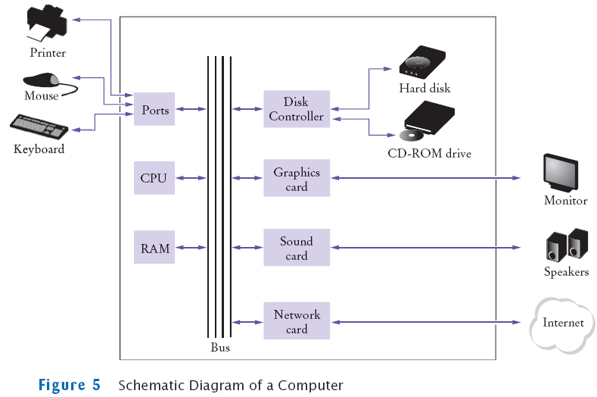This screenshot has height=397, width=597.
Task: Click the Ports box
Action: pyautogui.click(x=155, y=110)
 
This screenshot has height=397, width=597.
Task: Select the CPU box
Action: pyautogui.click(x=153, y=179)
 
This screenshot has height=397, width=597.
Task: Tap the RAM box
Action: pyautogui.click(x=154, y=248)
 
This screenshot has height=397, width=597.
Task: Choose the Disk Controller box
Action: pyautogui.click(x=296, y=109)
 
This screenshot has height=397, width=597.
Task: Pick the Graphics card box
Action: pyautogui.click(x=296, y=179)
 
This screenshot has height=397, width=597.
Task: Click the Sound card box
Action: pyautogui.click(x=296, y=249)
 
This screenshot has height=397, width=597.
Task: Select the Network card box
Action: pyautogui.click(x=296, y=322)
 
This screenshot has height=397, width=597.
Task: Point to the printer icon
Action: pyautogui.click(x=48, y=23)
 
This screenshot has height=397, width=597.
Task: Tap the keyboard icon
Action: pyautogui.click(x=38, y=125)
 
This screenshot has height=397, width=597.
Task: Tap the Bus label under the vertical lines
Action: pyautogui.click(x=219, y=348)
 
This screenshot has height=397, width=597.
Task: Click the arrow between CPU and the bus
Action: pyautogui.click(x=190, y=179)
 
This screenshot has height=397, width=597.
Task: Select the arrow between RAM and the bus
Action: pyautogui.click(x=190, y=248)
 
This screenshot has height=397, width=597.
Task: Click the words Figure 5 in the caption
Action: pyautogui.click(x=69, y=385)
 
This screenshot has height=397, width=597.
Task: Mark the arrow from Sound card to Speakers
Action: pyautogui.click(x=425, y=249)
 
